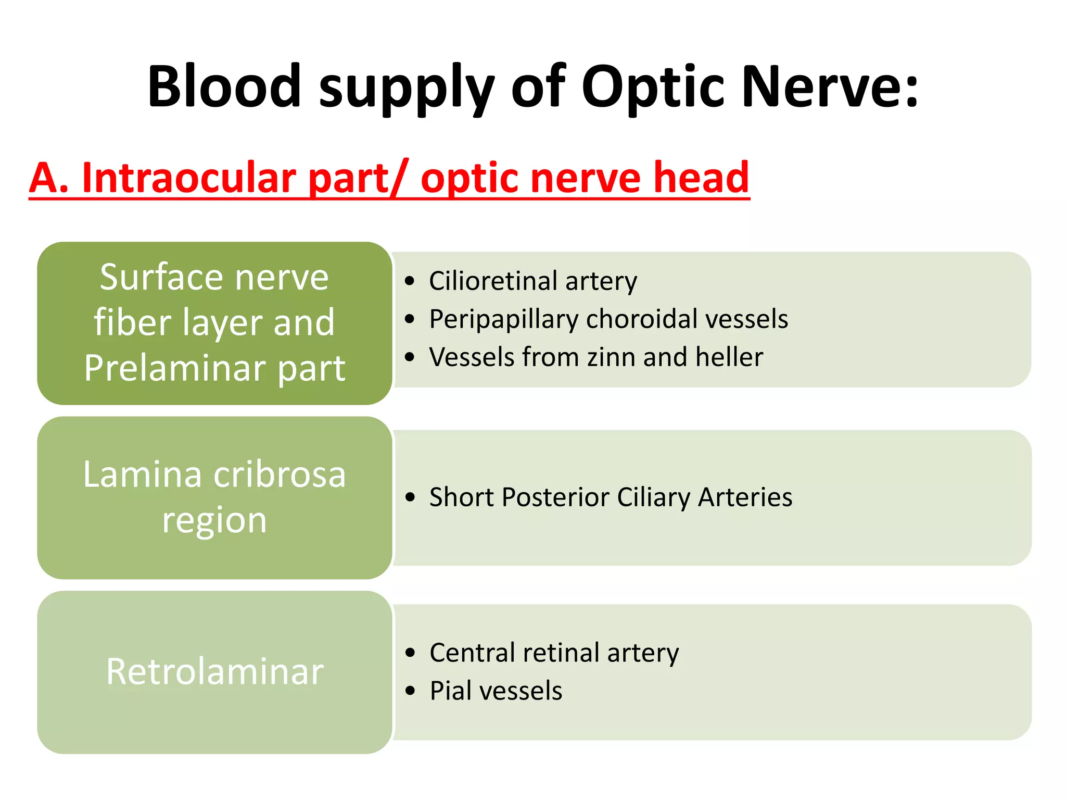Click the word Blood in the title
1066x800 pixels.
tap(224, 86)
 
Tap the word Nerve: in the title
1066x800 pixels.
tap(830, 86)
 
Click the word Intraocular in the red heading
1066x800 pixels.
tap(189, 178)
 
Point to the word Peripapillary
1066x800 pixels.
tap(503, 319)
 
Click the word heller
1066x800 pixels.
tap(729, 357)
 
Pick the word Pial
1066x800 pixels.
tap(451, 691)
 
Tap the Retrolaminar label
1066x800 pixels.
tap(214, 672)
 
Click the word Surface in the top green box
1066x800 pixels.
tap(163, 278)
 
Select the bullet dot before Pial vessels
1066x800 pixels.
tap(411, 691)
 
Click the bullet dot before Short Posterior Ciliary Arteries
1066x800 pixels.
tap(411, 497)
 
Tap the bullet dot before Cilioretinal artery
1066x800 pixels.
tap(410, 281)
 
